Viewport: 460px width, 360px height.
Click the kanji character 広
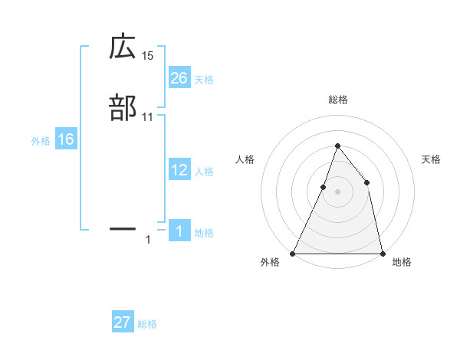pyautogui.click(x=123, y=48)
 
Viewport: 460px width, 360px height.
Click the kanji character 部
pyautogui.click(x=123, y=108)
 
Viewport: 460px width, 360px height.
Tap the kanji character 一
pyautogui.click(x=123, y=228)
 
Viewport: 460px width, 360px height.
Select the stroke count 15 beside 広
pyautogui.click(x=148, y=56)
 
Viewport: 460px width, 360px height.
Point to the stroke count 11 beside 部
pyautogui.click(x=148, y=116)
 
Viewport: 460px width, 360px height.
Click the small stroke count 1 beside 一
pyautogui.click(x=148, y=240)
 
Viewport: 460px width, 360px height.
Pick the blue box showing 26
pyautogui.click(x=179, y=77)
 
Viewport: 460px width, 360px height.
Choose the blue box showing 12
pyautogui.click(x=179, y=170)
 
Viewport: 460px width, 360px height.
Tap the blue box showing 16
pyautogui.click(x=66, y=139)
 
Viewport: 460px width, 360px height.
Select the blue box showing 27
pyautogui.click(x=123, y=322)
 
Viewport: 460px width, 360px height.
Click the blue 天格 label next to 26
pyautogui.click(x=204, y=79)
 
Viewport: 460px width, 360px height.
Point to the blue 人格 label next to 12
pyautogui.click(x=204, y=172)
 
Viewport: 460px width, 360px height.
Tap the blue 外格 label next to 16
pyautogui.click(x=41, y=141)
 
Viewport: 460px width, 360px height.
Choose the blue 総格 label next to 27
pyautogui.click(x=147, y=324)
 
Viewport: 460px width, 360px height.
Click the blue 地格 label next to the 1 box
pyautogui.click(x=204, y=233)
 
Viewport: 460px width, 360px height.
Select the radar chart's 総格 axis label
pyautogui.click(x=338, y=100)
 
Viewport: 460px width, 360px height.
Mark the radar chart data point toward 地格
pyautogui.click(x=383, y=253)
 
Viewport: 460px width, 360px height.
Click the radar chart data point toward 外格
pyautogui.click(x=293, y=253)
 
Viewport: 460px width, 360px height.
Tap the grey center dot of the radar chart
pyautogui.click(x=338, y=191)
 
